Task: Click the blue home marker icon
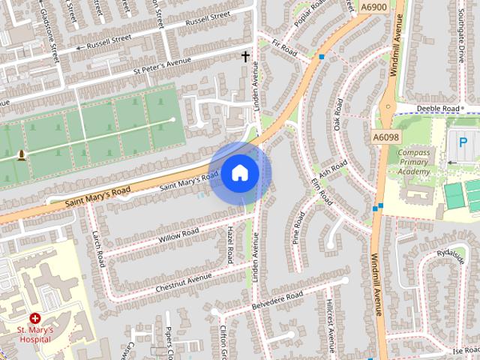(239, 173)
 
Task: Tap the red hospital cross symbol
(35, 319)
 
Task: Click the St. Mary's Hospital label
(34, 334)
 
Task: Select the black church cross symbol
(244, 56)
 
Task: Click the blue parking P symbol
(462, 141)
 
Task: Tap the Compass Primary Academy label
(414, 161)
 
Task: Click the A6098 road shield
(384, 137)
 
